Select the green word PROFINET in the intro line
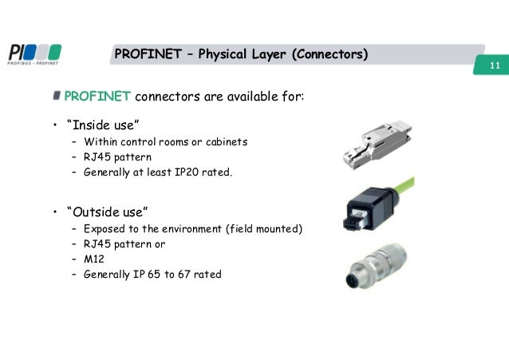point(97,97)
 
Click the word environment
point(191,229)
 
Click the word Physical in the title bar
point(226,54)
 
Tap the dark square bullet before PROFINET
point(57,97)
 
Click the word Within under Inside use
point(100,142)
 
